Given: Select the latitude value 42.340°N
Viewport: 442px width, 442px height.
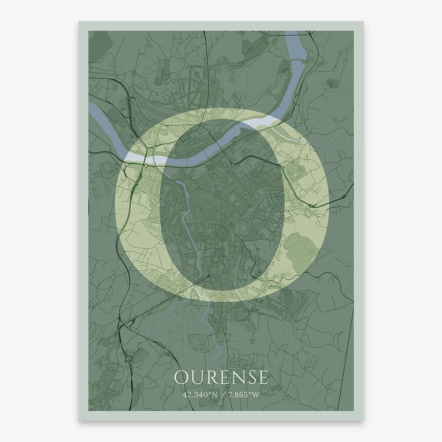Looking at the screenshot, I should [199, 395].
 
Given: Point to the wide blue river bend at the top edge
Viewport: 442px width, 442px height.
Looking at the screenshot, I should [298, 52].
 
